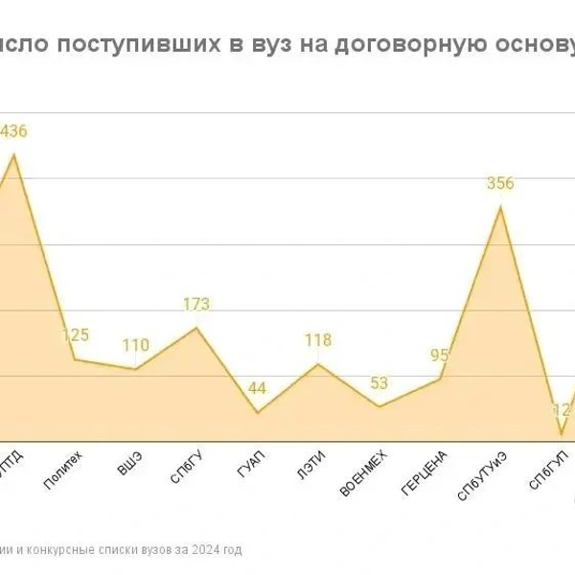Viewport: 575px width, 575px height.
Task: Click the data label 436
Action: tap(13, 131)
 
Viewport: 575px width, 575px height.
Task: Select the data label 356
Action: tap(499, 184)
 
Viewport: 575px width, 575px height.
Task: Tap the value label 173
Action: tap(195, 305)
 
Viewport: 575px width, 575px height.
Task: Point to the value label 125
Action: tap(76, 335)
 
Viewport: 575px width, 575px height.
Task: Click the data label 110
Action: tap(136, 346)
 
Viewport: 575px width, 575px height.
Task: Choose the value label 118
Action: tap(317, 340)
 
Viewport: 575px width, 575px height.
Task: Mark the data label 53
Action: tap(379, 383)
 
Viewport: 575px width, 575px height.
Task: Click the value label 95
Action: tap(440, 356)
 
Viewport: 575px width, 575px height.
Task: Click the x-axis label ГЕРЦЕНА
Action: tap(425, 473)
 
